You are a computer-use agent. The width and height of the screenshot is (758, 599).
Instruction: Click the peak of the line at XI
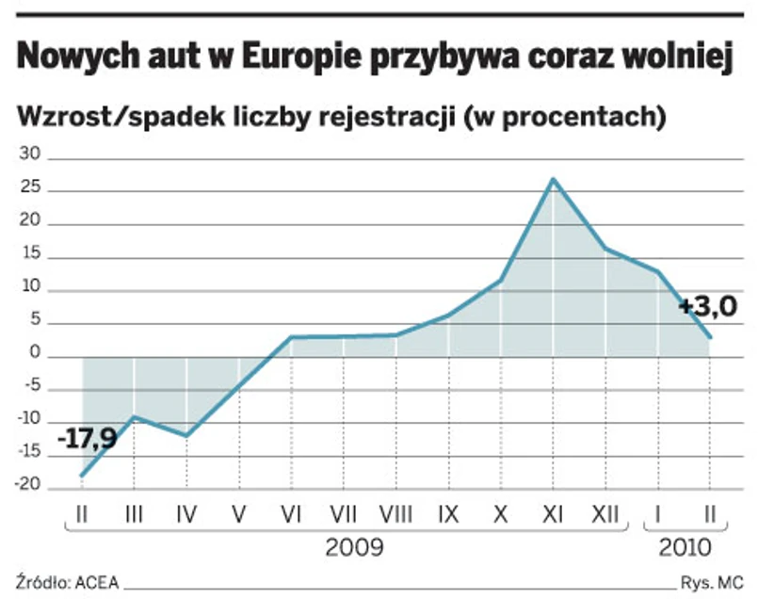[553, 179]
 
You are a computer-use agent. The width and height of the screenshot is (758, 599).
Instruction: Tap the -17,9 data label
[88, 439]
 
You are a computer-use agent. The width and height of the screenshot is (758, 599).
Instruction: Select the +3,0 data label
[707, 306]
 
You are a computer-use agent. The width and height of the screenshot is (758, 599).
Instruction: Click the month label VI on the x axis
[291, 514]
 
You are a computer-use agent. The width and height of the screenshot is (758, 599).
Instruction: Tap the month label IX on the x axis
[449, 514]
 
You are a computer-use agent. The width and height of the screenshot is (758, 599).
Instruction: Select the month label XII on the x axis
[605, 514]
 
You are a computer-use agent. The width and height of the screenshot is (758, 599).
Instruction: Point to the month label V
[239, 514]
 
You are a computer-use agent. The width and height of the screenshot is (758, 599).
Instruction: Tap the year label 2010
[685, 547]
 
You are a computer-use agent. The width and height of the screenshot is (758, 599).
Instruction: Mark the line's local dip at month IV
[186, 436]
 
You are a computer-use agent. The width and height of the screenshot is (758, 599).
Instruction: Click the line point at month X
[500, 280]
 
